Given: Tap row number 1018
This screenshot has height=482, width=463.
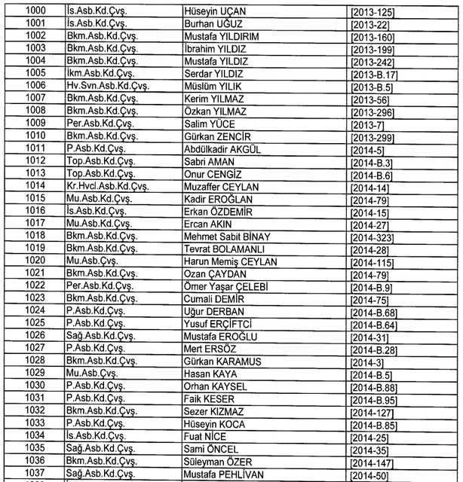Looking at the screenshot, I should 35,235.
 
